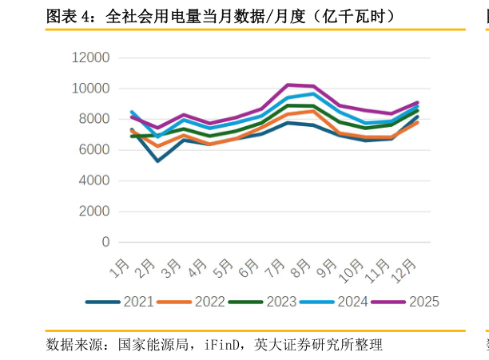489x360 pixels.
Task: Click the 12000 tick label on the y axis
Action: (90, 57)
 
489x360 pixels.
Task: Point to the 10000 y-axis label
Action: (90, 89)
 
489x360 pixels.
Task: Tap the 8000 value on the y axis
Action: (93, 119)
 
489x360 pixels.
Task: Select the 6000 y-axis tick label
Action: (93, 150)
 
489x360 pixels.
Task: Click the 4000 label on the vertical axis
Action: (93, 180)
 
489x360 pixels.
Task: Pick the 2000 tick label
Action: (93, 212)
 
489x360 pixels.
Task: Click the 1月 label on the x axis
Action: (121, 267)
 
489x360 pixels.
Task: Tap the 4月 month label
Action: (198, 267)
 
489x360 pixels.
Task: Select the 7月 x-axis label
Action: (276, 267)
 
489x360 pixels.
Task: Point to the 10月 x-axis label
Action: (352, 269)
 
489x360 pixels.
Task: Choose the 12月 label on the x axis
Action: (404, 269)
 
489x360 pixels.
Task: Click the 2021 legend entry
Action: (138, 302)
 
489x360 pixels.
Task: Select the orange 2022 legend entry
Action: (209, 302)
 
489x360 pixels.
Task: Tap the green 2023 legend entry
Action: (280, 302)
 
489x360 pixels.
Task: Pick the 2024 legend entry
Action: (352, 302)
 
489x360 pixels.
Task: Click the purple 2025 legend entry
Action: (423, 302)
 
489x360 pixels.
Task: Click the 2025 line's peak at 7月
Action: (288, 85)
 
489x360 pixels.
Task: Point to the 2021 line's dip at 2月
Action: (157, 161)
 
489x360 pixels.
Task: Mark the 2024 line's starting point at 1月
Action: (132, 112)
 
